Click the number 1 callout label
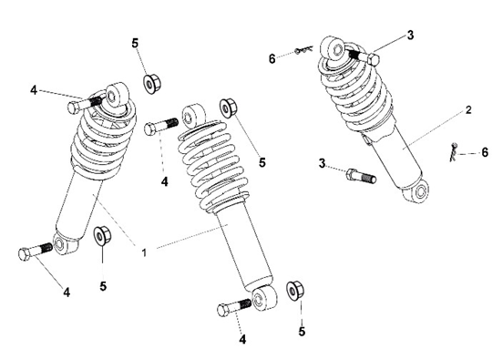(x=144, y=252)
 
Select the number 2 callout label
(x=468, y=110)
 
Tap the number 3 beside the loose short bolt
(x=322, y=163)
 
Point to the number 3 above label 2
(x=410, y=36)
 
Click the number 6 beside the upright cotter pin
(x=485, y=152)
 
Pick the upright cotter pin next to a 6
(x=454, y=152)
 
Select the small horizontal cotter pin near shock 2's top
(x=304, y=50)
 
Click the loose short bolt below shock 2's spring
(x=361, y=176)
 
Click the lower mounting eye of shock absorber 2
(x=418, y=192)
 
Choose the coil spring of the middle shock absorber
(x=213, y=164)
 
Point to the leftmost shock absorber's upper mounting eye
(x=115, y=96)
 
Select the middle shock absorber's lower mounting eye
(x=263, y=298)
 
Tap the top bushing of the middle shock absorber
(x=193, y=115)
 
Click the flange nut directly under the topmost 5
(x=151, y=84)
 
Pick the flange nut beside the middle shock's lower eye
(x=295, y=291)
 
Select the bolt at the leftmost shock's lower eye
(x=36, y=252)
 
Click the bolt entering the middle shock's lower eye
(x=234, y=307)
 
